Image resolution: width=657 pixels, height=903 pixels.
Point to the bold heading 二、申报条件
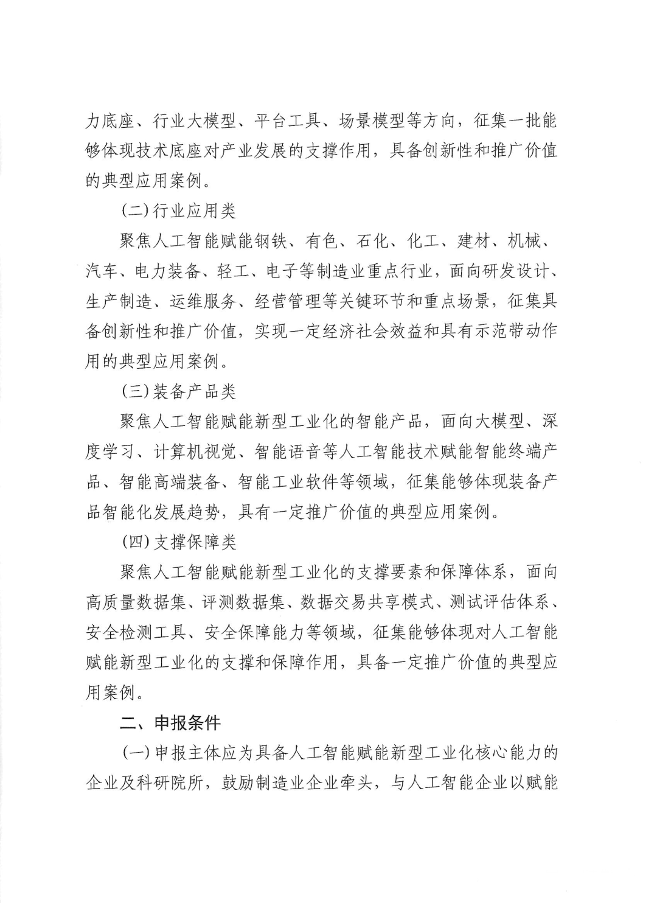pyautogui.click(x=170, y=723)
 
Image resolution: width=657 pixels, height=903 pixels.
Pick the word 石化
pyautogui.click(x=372, y=242)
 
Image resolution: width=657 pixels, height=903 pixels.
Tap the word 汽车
pyautogui.click(x=102, y=271)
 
